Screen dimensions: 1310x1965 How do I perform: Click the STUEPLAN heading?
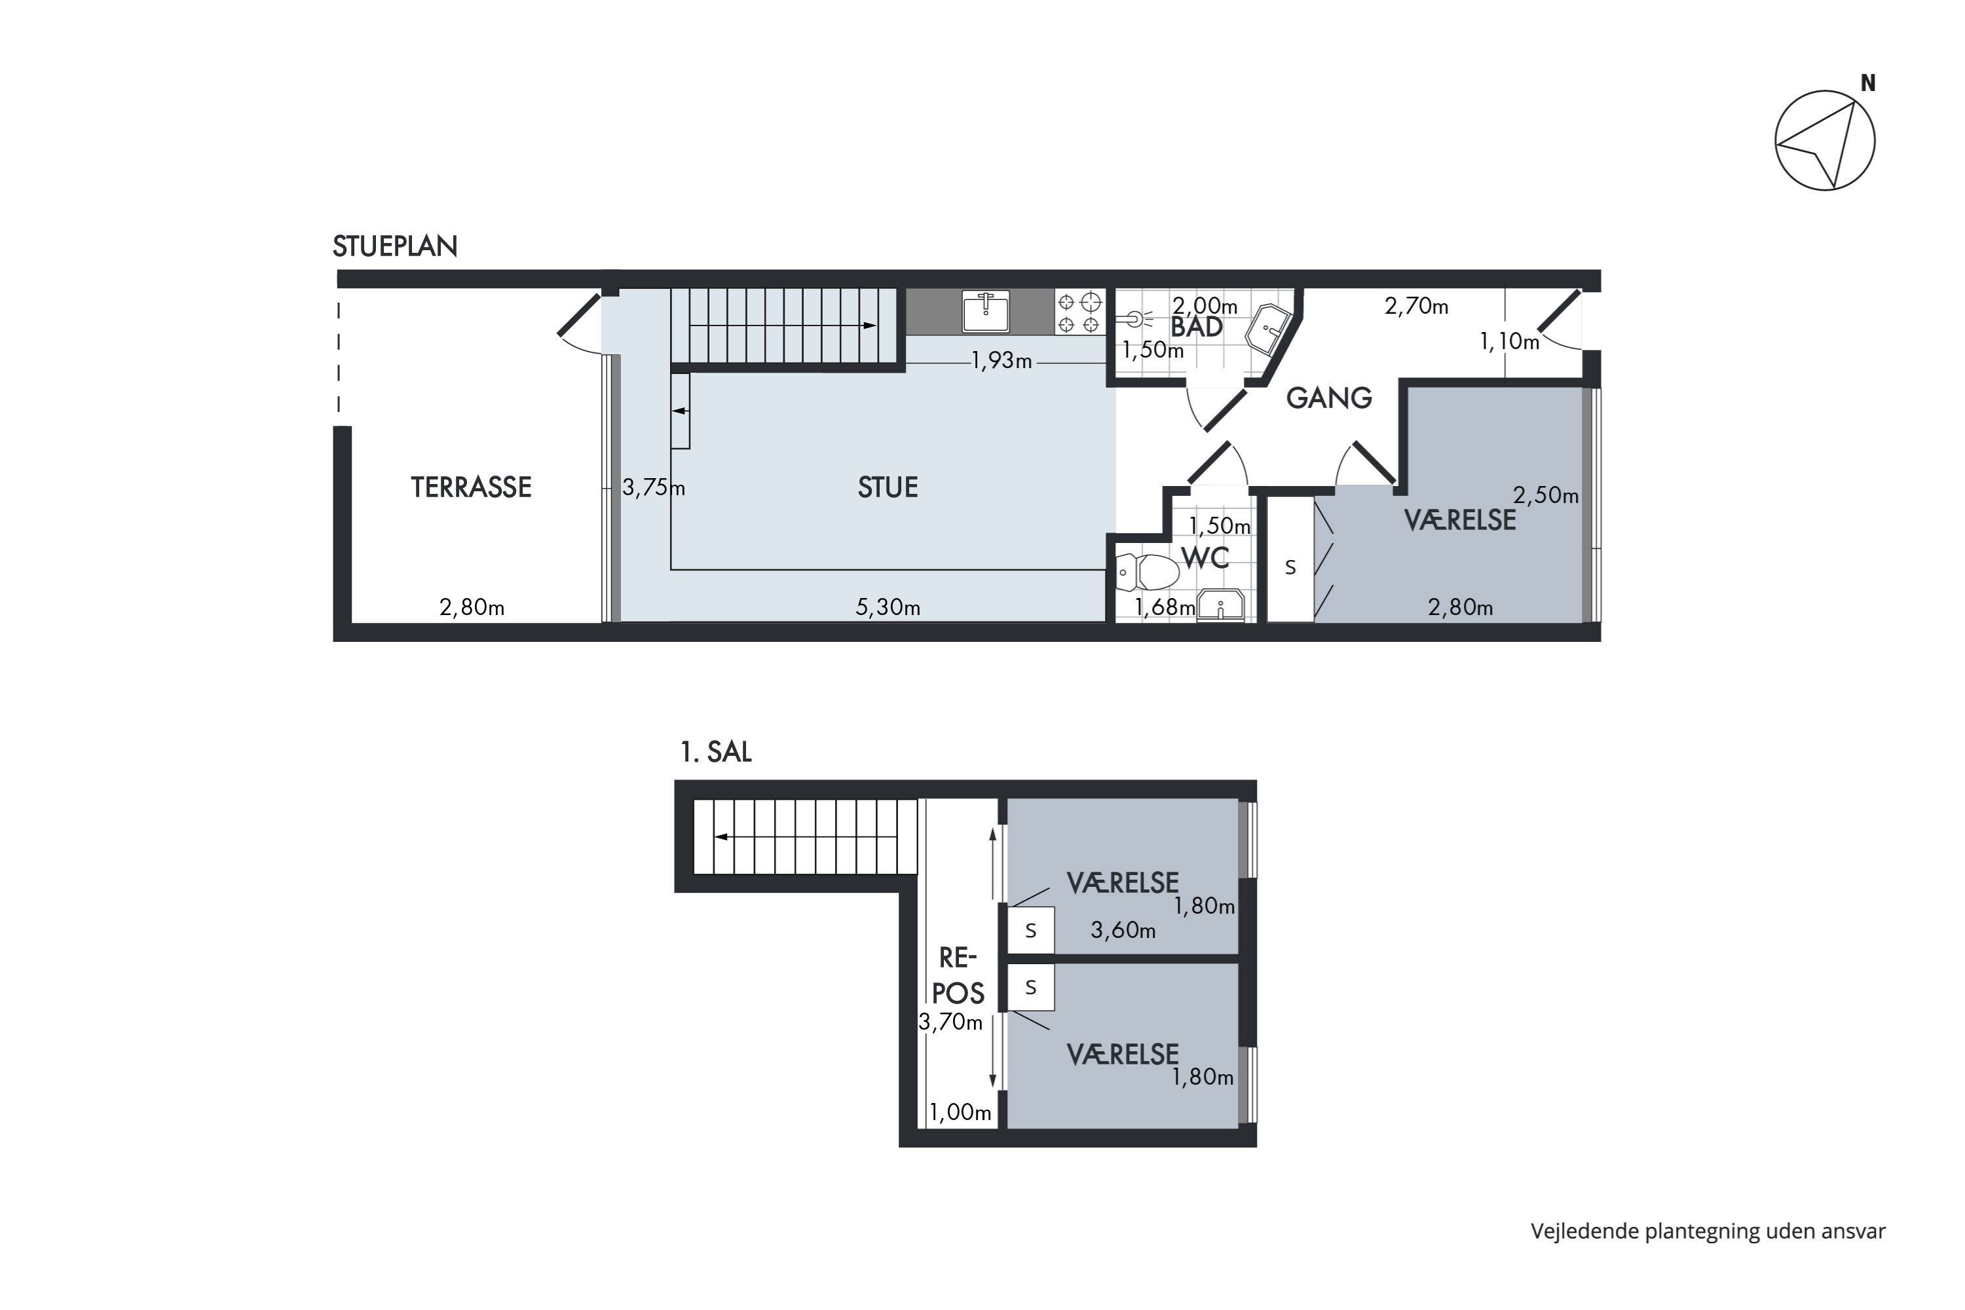[394, 246]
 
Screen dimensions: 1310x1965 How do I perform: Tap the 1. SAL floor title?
[715, 752]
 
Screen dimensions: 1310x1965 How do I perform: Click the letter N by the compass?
[1867, 84]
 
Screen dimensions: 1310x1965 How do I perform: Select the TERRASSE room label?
[470, 487]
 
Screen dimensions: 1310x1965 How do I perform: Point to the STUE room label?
[888, 487]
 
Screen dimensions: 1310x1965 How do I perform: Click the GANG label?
[1328, 398]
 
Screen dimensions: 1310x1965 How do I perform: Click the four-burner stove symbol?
[1079, 312]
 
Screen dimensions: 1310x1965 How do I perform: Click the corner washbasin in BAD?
[1268, 329]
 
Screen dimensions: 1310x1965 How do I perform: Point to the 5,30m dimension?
[888, 607]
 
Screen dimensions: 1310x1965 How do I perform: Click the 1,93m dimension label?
[1001, 361]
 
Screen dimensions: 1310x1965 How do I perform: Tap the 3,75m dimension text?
[652, 487]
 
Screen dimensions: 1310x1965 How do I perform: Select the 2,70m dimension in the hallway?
[1416, 307]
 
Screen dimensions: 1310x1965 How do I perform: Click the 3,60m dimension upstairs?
[1123, 930]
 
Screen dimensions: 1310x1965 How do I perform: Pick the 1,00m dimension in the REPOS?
[960, 1112]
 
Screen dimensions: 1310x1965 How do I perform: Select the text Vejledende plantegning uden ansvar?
[1708, 1231]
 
